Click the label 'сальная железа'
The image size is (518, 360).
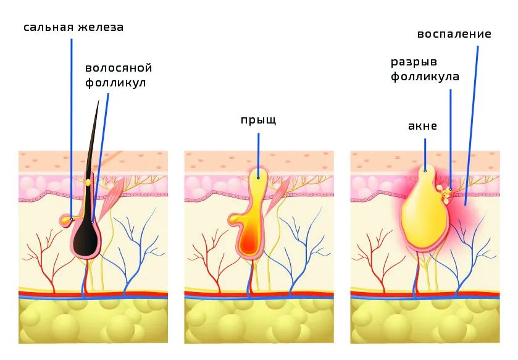click(73, 27)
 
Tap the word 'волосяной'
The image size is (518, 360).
click(119, 68)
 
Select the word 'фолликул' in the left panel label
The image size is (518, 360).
click(115, 82)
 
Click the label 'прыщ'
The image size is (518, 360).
click(258, 120)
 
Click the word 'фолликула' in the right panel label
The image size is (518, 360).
click(425, 77)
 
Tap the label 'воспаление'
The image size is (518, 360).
click(454, 34)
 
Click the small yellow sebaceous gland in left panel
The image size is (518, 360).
click(67, 219)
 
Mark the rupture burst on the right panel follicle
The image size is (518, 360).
click(443, 193)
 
